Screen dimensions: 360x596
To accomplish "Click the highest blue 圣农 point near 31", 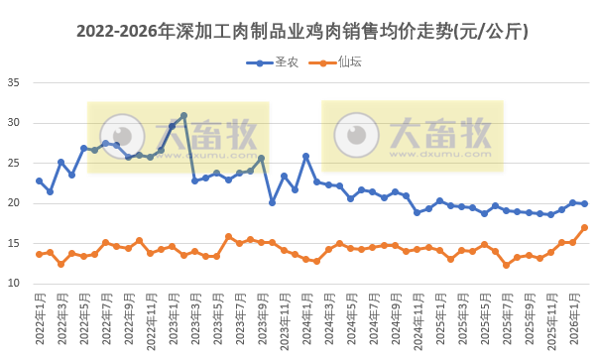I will (x=183, y=116).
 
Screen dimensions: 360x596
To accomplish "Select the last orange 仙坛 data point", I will (x=584, y=227).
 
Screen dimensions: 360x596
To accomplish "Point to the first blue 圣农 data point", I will (x=39, y=180).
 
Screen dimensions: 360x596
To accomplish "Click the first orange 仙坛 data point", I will (x=39, y=254).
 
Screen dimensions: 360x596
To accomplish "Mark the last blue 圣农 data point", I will (x=584, y=203).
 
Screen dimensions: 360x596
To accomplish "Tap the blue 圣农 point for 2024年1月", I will (x=306, y=156).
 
